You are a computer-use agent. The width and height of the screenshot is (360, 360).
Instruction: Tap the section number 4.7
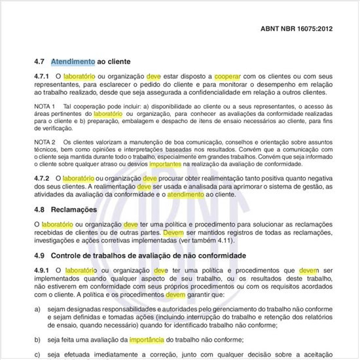39,62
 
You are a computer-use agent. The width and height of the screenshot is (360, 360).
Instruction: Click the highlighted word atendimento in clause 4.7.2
185,194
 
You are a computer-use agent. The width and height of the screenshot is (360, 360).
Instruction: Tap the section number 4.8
39,209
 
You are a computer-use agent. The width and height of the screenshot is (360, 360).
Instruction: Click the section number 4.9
39,255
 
